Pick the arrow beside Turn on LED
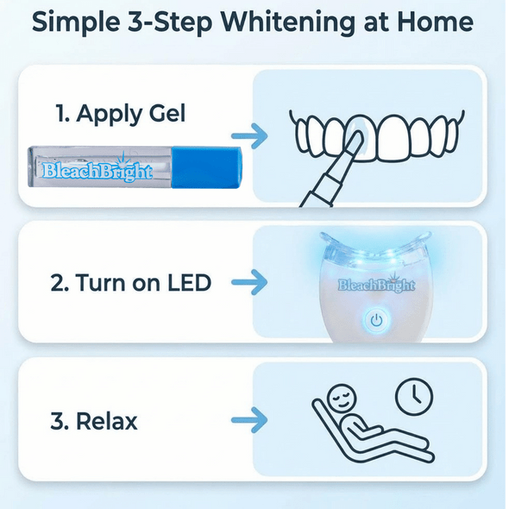[x=250, y=281]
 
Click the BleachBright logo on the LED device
[x=377, y=284]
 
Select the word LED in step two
[x=187, y=282]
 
